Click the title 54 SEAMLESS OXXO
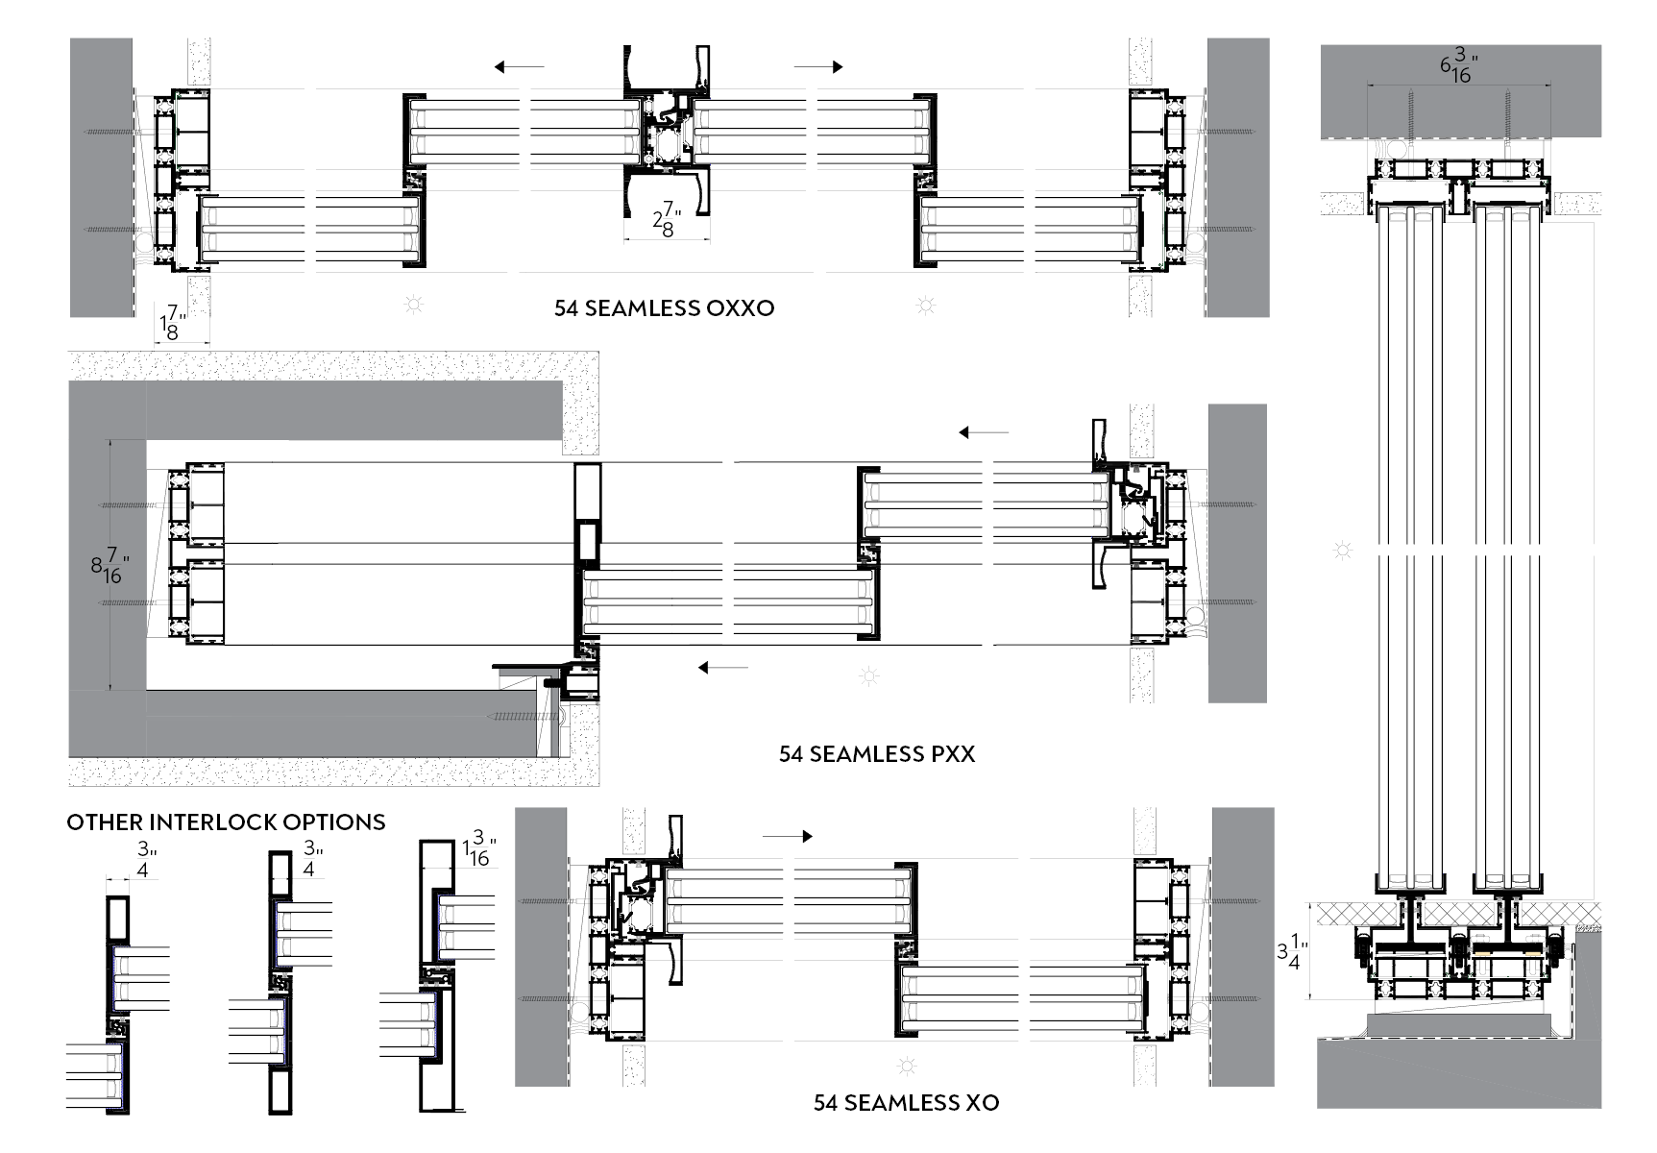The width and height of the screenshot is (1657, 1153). (x=664, y=308)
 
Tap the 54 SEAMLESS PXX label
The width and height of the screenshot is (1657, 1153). (x=876, y=754)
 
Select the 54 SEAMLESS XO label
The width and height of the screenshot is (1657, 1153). (x=906, y=1103)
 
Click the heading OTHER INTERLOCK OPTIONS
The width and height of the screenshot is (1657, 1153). (x=226, y=822)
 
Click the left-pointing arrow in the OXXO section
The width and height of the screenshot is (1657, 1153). (x=519, y=67)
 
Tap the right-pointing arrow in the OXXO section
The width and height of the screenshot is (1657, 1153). (x=818, y=67)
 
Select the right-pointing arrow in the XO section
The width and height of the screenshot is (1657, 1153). (x=788, y=836)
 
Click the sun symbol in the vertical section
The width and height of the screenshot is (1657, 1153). (x=1343, y=551)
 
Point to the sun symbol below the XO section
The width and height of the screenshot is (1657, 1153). (x=906, y=1066)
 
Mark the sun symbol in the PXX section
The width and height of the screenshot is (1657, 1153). (x=869, y=676)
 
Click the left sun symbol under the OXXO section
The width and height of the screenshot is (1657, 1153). (x=415, y=306)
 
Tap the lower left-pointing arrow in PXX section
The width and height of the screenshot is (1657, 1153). (x=722, y=667)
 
